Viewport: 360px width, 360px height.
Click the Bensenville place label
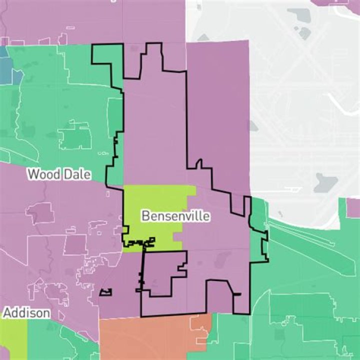(x=175, y=216)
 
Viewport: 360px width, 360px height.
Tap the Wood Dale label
(x=59, y=174)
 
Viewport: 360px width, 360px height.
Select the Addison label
(x=26, y=313)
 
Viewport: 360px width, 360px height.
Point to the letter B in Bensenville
(x=145, y=216)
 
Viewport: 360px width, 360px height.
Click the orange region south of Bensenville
(x=150, y=337)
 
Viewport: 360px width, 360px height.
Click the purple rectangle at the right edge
(x=353, y=207)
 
